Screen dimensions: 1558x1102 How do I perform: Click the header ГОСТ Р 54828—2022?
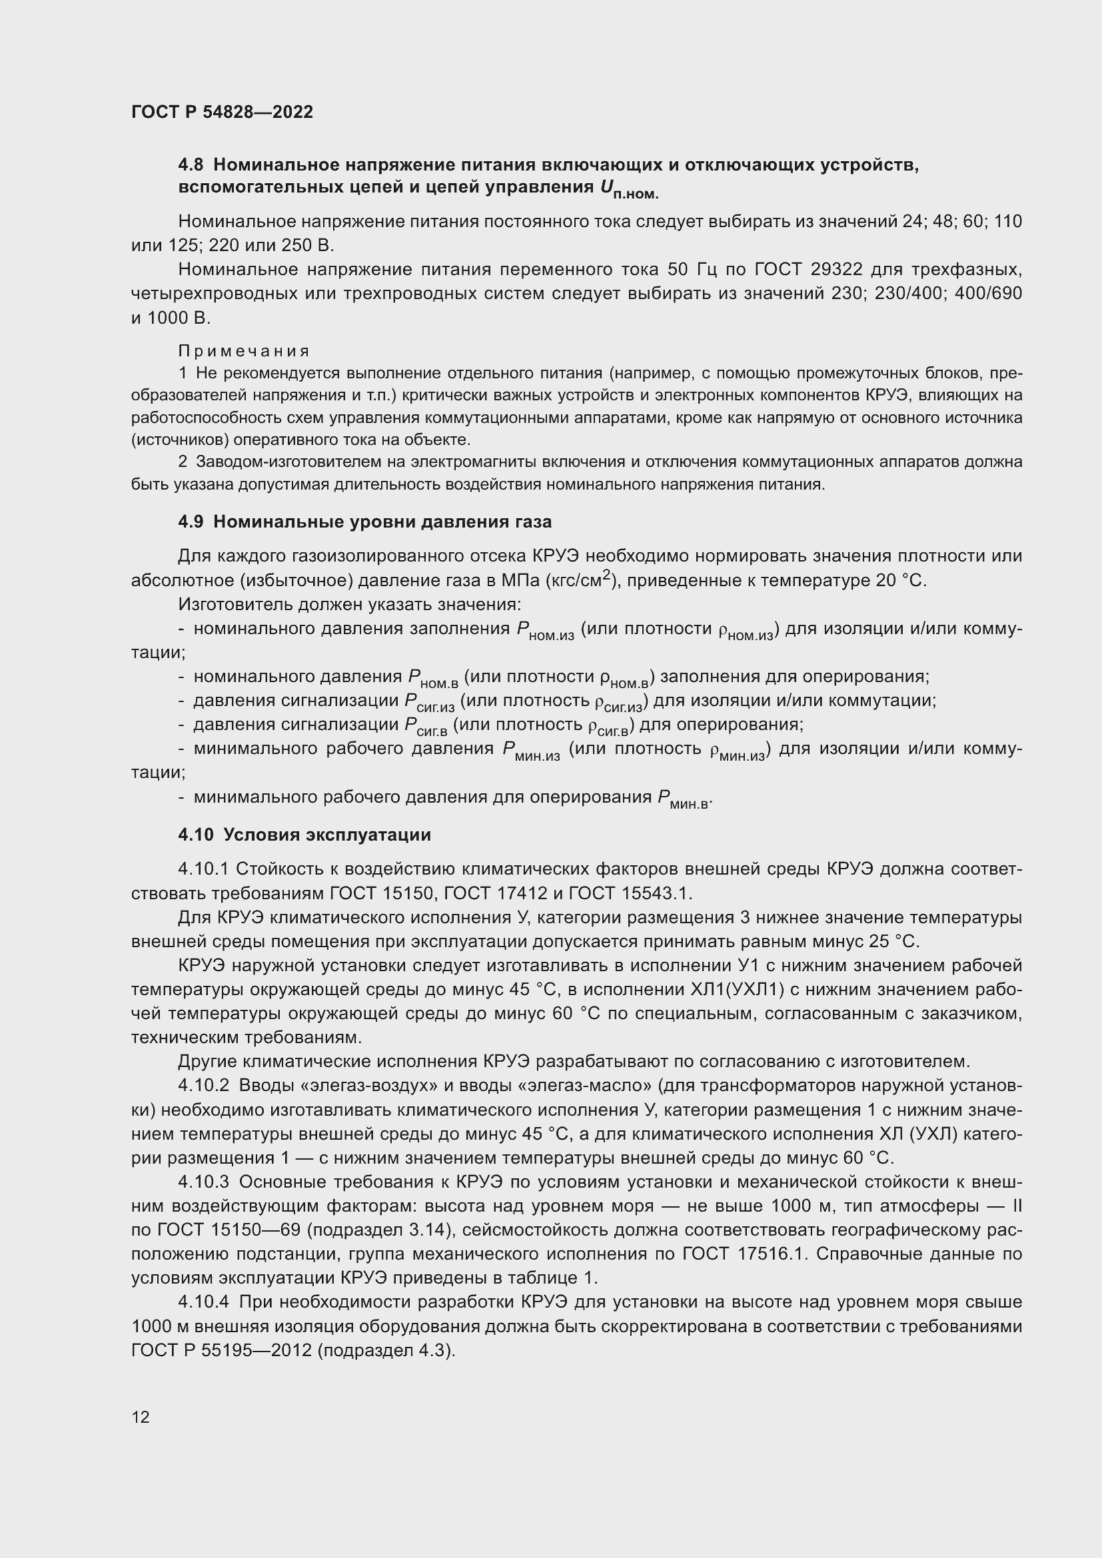pyautogui.click(x=222, y=113)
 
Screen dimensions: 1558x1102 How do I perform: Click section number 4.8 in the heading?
pyautogui.click(x=191, y=165)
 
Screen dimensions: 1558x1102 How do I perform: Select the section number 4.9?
pyautogui.click(x=191, y=522)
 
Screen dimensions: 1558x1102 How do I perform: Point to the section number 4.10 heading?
pyautogui.click(x=196, y=835)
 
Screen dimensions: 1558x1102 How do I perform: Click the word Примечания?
pyautogui.click(x=244, y=351)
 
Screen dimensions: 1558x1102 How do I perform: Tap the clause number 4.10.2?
pyautogui.click(x=204, y=1086)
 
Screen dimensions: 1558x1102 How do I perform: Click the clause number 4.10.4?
pyautogui.click(x=204, y=1302)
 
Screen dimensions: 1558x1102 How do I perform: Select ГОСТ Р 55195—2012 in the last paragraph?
pyautogui.click(x=221, y=1350)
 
